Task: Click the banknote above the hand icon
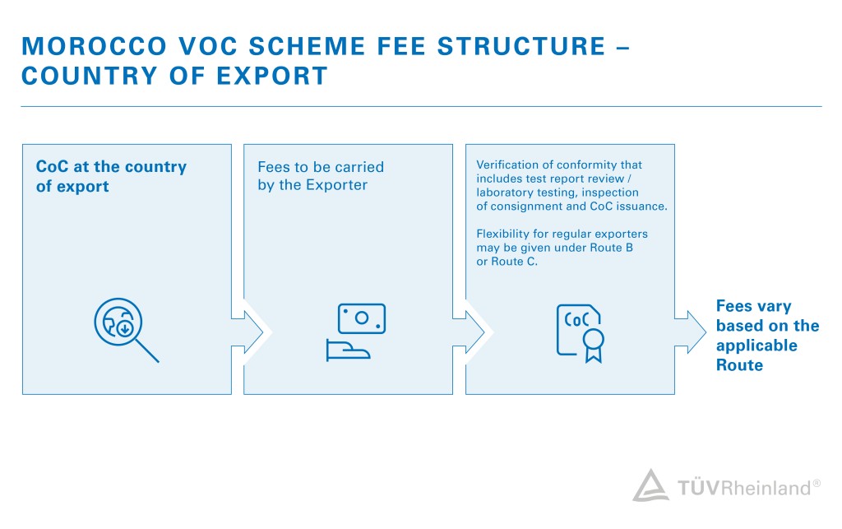[x=361, y=318]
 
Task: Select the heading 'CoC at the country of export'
[x=111, y=176]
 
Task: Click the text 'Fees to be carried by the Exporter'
[x=321, y=176]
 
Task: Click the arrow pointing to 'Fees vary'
[x=692, y=332]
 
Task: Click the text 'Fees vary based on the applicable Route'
[x=756, y=336]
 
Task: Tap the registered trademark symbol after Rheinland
[x=817, y=484]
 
